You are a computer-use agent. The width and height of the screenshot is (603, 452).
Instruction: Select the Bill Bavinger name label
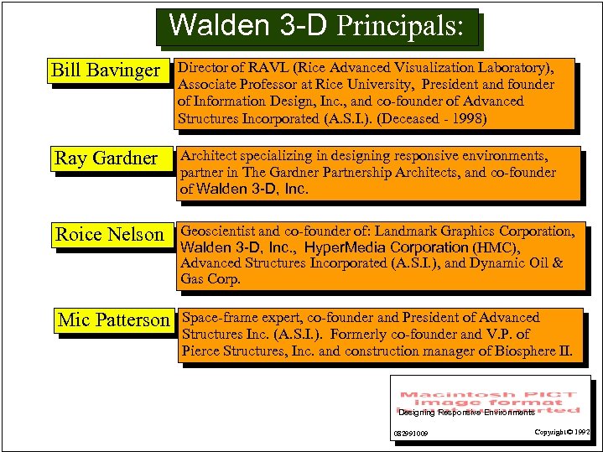tap(106, 70)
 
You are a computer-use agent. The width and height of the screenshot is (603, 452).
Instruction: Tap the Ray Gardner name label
tap(106, 158)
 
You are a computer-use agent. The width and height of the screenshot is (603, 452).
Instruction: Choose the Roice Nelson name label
tap(110, 235)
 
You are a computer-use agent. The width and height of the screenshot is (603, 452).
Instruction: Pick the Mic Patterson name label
tap(113, 320)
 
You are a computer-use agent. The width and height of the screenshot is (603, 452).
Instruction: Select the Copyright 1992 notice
tap(563, 432)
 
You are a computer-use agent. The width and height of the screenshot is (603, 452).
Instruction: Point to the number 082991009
tap(411, 434)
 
